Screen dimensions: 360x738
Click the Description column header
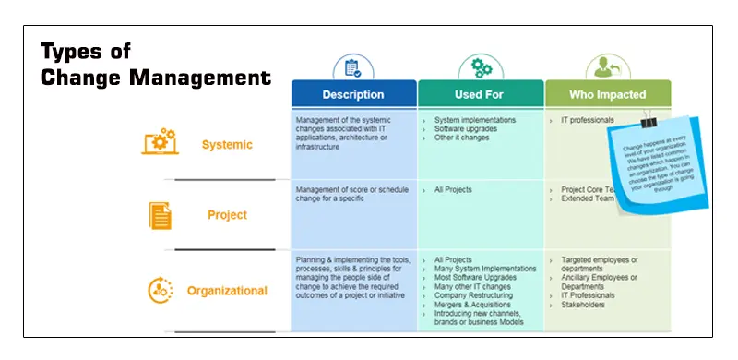pos(353,94)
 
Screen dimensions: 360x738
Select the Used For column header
pos(481,94)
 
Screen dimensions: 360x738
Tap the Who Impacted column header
pos(608,94)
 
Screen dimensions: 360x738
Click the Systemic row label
pos(226,145)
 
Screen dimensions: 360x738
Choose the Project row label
pos(227,215)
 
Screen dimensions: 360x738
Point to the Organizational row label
pos(227,291)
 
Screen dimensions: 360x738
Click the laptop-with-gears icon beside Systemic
pos(159,142)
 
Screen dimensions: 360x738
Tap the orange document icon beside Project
pos(161,215)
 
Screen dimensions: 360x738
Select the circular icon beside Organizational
pos(161,290)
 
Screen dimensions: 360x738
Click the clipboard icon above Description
pos(352,67)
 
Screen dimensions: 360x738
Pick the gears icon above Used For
pos(481,67)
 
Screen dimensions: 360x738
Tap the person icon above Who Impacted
pos(607,67)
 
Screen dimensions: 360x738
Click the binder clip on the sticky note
pos(649,121)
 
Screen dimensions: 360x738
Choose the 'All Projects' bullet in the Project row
pos(454,190)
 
